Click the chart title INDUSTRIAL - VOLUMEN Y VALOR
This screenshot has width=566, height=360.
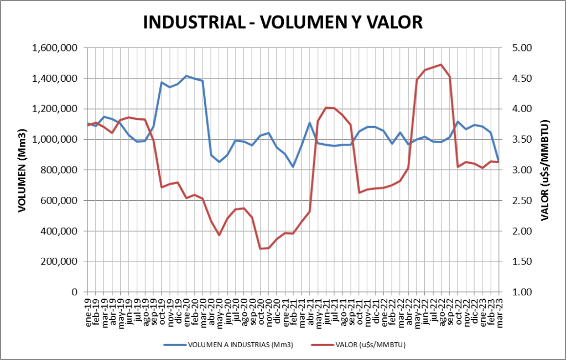283,22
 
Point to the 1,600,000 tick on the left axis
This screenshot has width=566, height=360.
55,48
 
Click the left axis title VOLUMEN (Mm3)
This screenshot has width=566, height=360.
22,170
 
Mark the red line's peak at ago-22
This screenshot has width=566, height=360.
441,65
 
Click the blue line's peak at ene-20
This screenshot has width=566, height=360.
186,76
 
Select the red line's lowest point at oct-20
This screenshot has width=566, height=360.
261,249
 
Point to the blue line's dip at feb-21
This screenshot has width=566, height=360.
293,166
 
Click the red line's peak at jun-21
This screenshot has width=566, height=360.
326,107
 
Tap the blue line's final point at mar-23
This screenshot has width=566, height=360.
499,161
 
